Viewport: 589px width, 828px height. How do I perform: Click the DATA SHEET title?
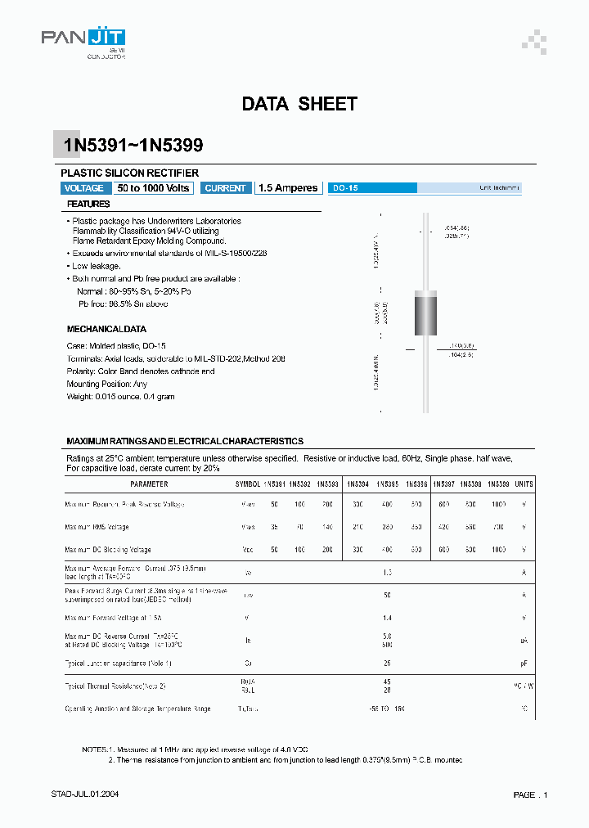299,104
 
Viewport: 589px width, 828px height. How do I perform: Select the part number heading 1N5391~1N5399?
133,146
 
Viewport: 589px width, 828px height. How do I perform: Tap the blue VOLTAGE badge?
83,188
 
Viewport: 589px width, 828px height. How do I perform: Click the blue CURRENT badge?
225,188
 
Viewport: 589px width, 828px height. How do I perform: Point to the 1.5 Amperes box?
287,188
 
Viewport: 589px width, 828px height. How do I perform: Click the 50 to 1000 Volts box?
153,188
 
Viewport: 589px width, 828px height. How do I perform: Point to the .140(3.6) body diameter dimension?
460,346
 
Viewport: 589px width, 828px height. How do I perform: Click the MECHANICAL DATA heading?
106,329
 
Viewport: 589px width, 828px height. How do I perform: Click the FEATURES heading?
88,204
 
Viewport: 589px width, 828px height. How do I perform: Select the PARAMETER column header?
128,484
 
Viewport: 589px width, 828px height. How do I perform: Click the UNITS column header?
524,484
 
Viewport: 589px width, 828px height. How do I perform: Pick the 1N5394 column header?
358,484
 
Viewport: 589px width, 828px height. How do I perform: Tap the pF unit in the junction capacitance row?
524,663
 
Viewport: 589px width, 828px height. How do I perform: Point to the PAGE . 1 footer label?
530,795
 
